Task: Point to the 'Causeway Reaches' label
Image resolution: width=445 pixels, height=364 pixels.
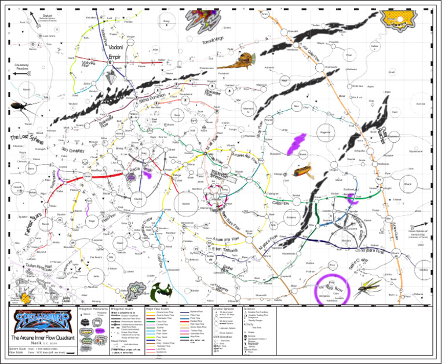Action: pyautogui.click(x=22, y=67)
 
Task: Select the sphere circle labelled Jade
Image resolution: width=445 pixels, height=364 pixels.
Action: pyautogui.click(x=96, y=277)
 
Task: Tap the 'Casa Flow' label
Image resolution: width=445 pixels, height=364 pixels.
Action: pyautogui.click(x=280, y=203)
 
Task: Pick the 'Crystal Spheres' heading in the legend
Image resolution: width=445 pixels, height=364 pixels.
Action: pyautogui.click(x=223, y=309)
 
